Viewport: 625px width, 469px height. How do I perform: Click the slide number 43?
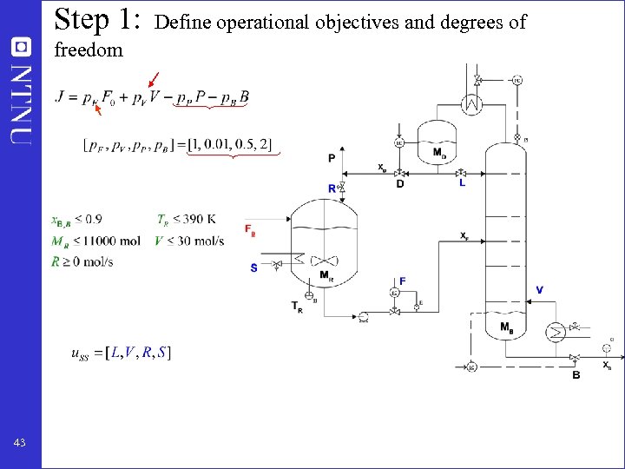point(19,443)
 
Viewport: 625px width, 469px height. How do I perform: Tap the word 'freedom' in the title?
point(89,50)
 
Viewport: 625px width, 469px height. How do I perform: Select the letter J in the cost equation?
point(59,96)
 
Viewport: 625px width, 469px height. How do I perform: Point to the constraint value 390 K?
point(202,219)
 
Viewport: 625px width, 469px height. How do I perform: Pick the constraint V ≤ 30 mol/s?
point(188,241)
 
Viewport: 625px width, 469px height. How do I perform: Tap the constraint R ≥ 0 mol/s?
point(82,261)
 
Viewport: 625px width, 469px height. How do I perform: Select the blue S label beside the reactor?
point(253,268)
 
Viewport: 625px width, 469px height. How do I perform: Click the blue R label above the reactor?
point(332,188)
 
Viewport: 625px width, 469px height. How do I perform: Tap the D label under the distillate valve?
point(399,184)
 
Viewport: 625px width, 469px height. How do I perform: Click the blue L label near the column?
point(462,184)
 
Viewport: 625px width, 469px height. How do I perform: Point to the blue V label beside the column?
point(540,289)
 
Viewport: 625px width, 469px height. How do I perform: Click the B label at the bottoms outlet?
point(576,374)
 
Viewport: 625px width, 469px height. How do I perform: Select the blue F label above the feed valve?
point(402,281)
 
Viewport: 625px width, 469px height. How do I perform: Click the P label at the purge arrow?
point(332,158)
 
